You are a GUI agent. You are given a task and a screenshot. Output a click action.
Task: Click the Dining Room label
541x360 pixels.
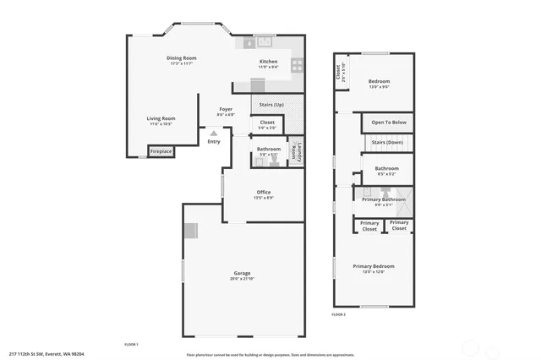click(181, 57)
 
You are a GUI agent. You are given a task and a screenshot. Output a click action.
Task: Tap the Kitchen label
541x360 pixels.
click(268, 62)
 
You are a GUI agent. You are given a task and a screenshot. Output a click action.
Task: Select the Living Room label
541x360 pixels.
click(161, 118)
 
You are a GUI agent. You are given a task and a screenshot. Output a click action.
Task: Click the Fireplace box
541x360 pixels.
click(161, 151)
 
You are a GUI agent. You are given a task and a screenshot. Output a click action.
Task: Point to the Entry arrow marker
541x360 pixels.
click(214, 133)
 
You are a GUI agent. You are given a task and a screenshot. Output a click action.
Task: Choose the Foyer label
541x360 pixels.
click(226, 109)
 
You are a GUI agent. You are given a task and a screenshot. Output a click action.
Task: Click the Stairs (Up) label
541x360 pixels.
click(271, 104)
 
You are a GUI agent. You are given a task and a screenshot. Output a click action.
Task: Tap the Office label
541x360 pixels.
click(264, 193)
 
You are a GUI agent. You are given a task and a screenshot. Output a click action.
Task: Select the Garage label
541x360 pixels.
click(243, 273)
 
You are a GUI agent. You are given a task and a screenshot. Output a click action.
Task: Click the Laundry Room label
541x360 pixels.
click(295, 151)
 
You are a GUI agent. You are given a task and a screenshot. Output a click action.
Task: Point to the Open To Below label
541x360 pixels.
click(389, 123)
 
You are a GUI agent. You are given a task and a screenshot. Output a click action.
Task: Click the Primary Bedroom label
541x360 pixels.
click(374, 266)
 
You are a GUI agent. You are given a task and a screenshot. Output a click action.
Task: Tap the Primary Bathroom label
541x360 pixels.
click(378, 199)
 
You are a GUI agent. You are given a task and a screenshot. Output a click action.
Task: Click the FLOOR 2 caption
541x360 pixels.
click(338, 314)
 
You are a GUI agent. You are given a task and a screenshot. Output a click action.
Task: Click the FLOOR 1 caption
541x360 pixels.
click(131, 344)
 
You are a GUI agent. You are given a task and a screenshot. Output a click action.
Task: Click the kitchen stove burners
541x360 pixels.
click(298, 63)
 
